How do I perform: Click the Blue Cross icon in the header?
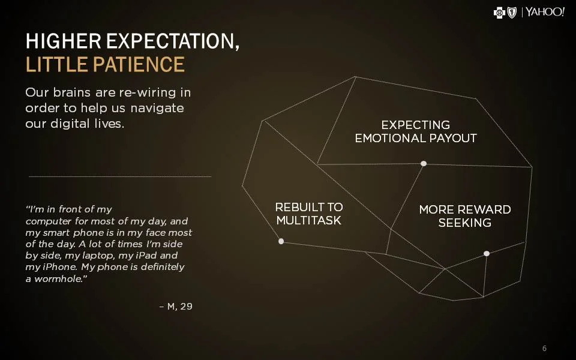pos(499,13)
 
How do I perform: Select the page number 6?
pos(544,349)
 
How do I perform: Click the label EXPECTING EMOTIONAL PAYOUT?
pos(416,131)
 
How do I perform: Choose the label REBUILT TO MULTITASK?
pos(309,214)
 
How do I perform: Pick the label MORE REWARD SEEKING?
pos(465,216)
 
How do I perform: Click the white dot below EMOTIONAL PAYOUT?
pos(424,164)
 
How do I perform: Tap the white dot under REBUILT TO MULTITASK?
pos(281,241)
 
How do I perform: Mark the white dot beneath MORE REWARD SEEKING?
pos(487,254)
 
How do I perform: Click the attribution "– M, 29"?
pos(176,307)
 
